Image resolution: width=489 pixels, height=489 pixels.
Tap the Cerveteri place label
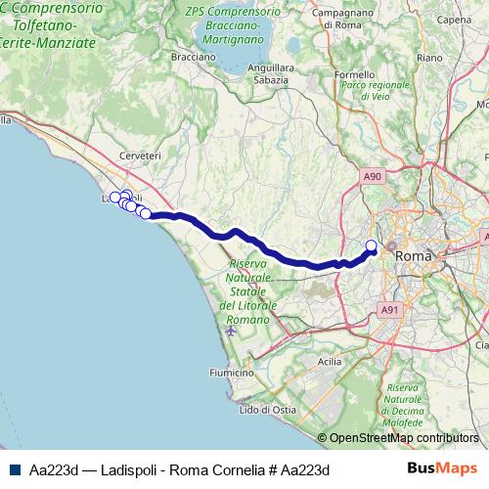coord(139,156)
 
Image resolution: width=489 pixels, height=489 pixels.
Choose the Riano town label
coord(430,58)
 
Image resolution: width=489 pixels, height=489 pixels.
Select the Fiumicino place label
coord(232,373)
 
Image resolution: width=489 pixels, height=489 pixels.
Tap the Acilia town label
coord(330,361)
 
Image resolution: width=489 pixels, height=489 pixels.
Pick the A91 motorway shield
coord(390,309)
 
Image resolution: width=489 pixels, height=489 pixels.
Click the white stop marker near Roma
coord(371,245)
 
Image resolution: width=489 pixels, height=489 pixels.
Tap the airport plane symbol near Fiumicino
coord(230,330)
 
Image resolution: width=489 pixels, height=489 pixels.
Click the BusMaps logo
coord(442,468)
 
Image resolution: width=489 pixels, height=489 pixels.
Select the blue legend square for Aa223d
coord(13,469)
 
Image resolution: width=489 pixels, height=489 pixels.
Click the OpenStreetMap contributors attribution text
coord(405,438)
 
